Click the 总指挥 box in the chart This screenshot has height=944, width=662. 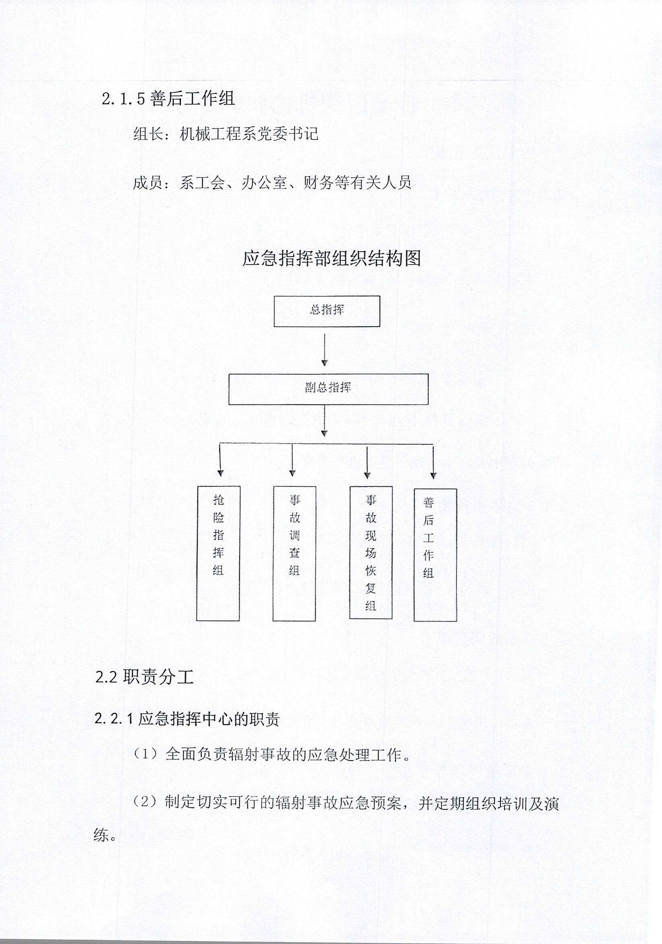(327, 311)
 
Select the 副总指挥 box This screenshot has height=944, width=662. (329, 389)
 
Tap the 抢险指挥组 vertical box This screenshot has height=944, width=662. (218, 553)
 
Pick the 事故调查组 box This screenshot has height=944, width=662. (294, 553)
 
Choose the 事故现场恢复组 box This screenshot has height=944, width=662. (371, 552)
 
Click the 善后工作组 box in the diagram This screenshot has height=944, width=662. (435, 554)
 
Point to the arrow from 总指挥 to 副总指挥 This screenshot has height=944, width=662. (325, 350)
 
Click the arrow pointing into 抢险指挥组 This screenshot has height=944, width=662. (220, 460)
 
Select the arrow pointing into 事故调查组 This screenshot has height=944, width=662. (292, 460)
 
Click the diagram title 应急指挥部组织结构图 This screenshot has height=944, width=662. (331, 258)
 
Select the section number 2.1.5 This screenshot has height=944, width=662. (124, 99)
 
